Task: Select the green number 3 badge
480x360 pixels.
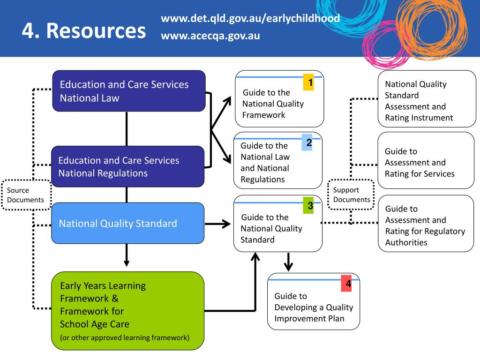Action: [308, 206]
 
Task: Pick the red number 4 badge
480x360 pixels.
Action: [346, 284]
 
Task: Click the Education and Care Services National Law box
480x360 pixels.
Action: [128, 91]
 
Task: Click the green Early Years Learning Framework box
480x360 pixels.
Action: [127, 311]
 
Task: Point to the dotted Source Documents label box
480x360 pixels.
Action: [25, 195]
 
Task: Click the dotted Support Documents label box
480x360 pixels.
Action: [351, 195]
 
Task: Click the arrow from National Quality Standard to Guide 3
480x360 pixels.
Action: [217, 224]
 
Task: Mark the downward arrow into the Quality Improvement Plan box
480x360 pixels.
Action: [289, 262]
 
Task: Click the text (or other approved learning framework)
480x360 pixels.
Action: [125, 337]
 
